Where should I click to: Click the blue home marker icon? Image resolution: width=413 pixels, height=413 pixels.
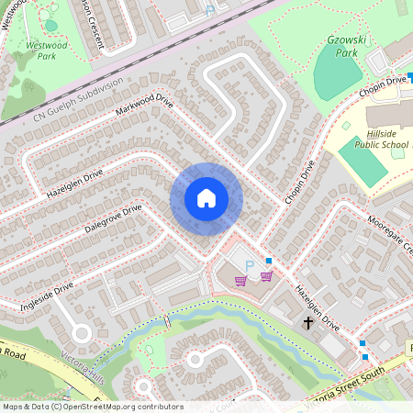(206, 198)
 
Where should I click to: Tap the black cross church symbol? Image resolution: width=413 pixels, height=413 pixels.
(309, 323)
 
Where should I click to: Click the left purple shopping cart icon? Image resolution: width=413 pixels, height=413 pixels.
(241, 280)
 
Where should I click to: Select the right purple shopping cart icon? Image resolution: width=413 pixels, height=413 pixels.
(266, 275)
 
